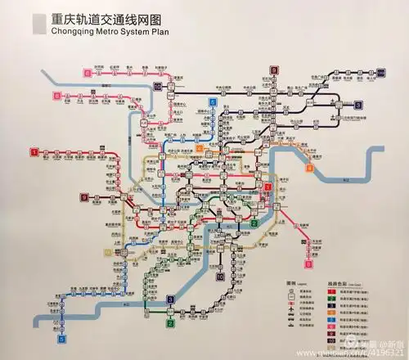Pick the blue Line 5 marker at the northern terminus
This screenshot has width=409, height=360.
213,102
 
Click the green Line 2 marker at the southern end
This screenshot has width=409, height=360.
169,324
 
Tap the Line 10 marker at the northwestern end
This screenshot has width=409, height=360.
156,86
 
